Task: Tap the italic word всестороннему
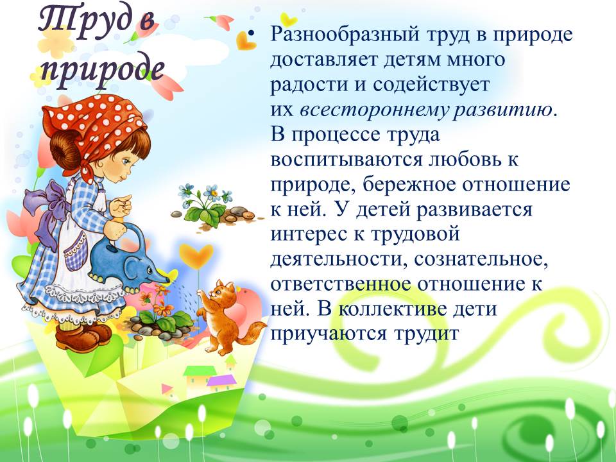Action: coord(373,110)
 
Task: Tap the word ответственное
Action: coord(341,284)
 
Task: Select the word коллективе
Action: coord(393,309)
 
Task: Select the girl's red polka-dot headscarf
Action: coord(94,126)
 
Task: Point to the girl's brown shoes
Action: coord(83,336)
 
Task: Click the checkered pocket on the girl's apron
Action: coord(76,252)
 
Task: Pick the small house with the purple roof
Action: coord(221,382)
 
